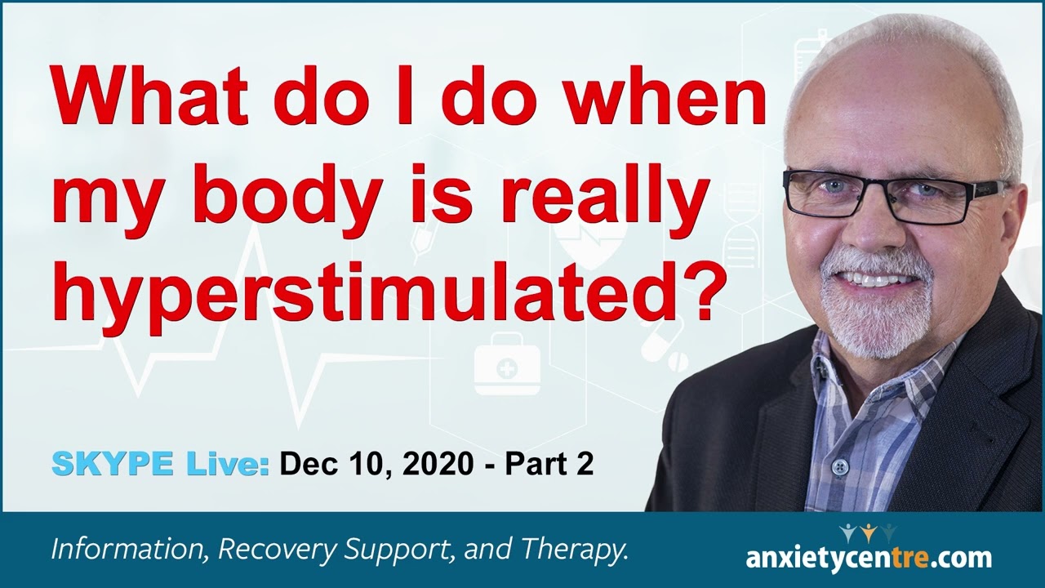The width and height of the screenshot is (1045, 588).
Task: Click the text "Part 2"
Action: pos(549,464)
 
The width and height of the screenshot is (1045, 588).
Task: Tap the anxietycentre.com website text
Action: pos(869,559)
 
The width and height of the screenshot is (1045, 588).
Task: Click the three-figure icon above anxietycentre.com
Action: pos(869,532)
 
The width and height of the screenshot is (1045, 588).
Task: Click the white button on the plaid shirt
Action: pos(838,467)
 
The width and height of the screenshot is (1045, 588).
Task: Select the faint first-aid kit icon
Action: pos(507,370)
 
